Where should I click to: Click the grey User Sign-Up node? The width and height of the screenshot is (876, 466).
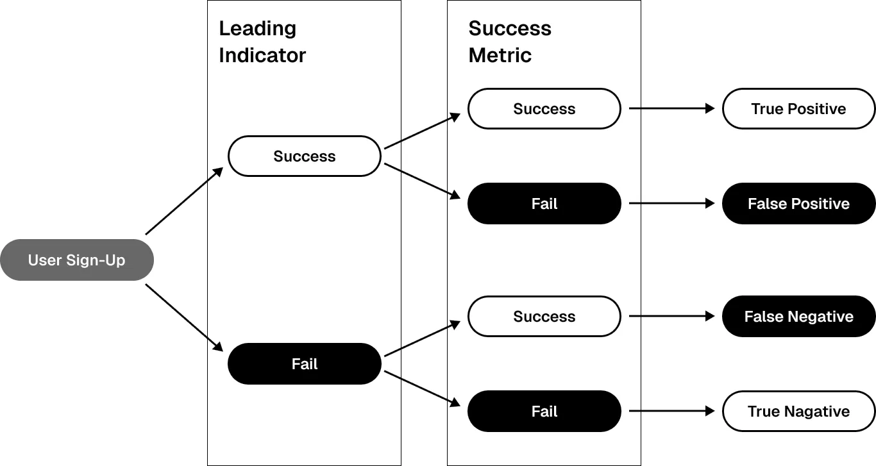pyautogui.click(x=77, y=260)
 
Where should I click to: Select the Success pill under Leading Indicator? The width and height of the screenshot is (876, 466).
pyautogui.click(x=304, y=156)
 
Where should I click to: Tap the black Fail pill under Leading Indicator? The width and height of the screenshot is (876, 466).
pyautogui.click(x=304, y=363)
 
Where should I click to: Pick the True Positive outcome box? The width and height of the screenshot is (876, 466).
pyautogui.click(x=798, y=109)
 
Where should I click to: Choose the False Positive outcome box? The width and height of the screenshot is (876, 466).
pyautogui.click(x=798, y=203)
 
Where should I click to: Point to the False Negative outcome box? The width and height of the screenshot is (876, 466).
pyautogui.click(x=798, y=316)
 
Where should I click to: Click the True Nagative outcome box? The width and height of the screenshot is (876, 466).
pyautogui.click(x=798, y=412)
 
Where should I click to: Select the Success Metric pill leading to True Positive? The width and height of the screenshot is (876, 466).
pyautogui.click(x=544, y=109)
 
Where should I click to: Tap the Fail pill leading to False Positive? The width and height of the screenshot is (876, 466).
pyautogui.click(x=544, y=203)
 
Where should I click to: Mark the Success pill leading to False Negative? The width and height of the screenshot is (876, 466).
pyautogui.click(x=544, y=316)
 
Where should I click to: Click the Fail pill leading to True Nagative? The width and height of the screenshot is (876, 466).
pyautogui.click(x=544, y=412)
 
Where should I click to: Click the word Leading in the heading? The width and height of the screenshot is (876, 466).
pyautogui.click(x=257, y=29)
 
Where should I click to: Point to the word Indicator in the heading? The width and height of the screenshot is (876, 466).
pyautogui.click(x=262, y=56)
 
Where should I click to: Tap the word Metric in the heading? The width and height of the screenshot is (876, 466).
pyautogui.click(x=500, y=56)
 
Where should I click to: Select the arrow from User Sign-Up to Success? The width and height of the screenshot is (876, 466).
pyautogui.click(x=184, y=201)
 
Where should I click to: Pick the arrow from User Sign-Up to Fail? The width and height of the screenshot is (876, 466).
pyautogui.click(x=184, y=318)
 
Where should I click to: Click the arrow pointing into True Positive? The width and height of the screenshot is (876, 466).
pyautogui.click(x=672, y=108)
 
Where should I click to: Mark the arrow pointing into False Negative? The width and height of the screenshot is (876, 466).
pyautogui.click(x=672, y=316)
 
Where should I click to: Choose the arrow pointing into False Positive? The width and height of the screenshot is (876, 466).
pyautogui.click(x=672, y=203)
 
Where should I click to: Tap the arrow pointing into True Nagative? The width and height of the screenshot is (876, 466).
pyautogui.click(x=672, y=411)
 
